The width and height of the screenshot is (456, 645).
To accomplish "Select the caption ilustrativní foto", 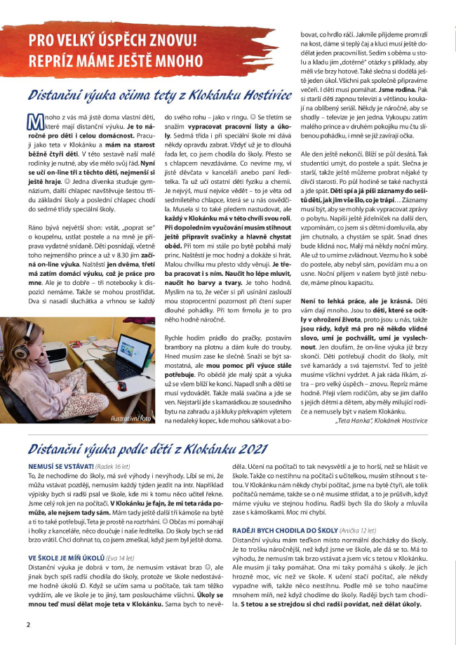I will (130, 419).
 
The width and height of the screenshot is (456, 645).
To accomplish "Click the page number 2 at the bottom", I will (28, 624).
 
